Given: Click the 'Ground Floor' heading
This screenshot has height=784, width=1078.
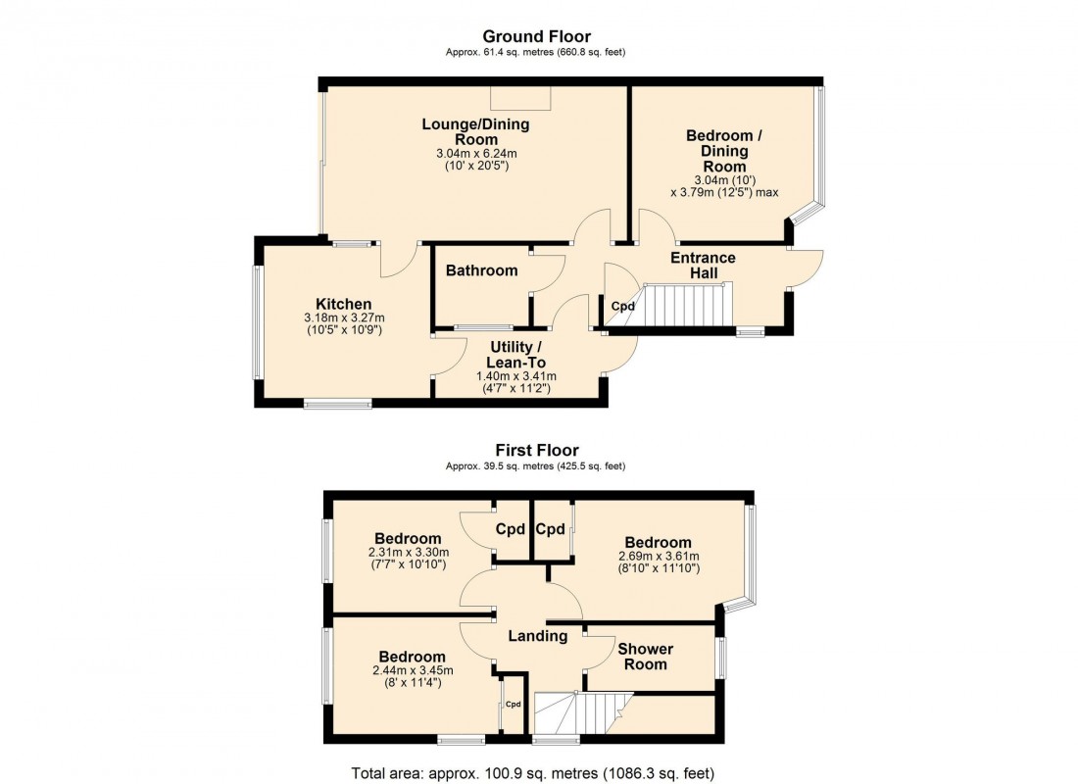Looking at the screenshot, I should coord(535,37).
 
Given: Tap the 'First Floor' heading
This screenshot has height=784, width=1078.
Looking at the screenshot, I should coord(535,451).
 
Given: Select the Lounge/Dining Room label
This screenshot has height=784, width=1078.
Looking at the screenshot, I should coord(475,131).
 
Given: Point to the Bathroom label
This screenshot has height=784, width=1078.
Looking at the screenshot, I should coord(481,270).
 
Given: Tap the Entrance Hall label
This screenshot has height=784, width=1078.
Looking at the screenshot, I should coord(703,265).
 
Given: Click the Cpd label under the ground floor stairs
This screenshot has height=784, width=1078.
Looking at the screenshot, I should coord(623,306).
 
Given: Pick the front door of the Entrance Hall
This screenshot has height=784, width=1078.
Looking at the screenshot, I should coord(806,269).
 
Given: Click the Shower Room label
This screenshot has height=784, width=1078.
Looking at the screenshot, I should coord(645,657).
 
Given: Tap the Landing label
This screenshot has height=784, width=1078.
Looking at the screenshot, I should coord(538,636).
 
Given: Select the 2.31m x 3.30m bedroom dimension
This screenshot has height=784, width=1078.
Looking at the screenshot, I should coord(407,553).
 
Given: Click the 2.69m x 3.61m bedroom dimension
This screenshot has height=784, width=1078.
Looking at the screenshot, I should coord(658,557).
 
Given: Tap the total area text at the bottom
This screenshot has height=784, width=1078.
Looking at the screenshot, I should coord(532,773).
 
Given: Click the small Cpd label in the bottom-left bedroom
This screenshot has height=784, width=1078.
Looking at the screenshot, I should coord(513,704).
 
